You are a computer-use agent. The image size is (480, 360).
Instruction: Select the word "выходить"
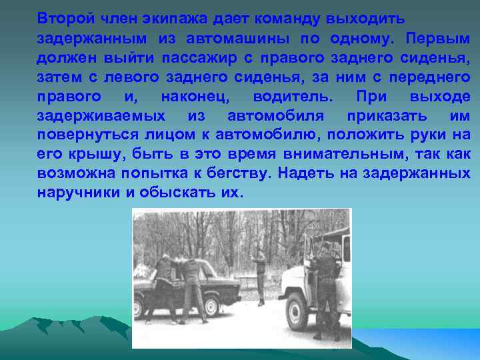click(363, 17)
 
